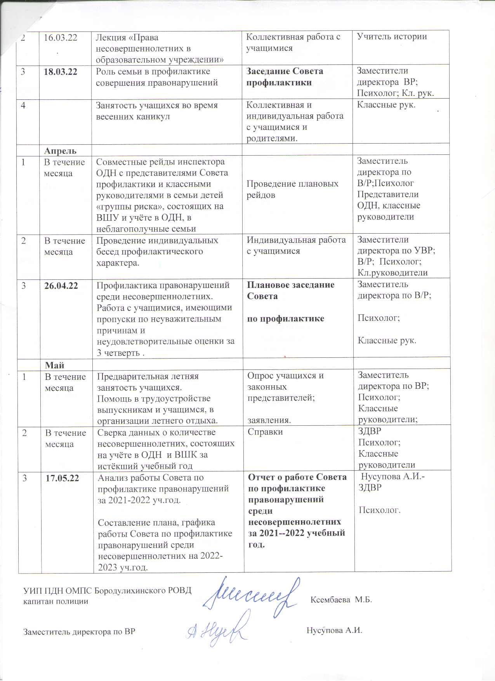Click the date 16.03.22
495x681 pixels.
click(60, 38)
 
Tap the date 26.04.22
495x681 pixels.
click(61, 286)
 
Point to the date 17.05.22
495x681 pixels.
click(62, 478)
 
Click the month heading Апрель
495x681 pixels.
click(60, 151)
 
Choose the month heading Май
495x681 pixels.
click(55, 365)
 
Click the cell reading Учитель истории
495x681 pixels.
click(392, 37)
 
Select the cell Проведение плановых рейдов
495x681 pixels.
click(292, 189)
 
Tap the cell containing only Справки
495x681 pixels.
click(265, 432)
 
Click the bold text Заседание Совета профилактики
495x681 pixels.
click(285, 77)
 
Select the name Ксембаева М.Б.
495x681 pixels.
click(341, 600)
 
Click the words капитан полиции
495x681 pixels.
click(56, 602)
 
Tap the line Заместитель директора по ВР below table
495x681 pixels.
click(79, 632)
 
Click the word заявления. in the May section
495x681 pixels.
click(269, 420)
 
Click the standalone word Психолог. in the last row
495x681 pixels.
click(379, 510)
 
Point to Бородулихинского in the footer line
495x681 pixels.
click(128, 591)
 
